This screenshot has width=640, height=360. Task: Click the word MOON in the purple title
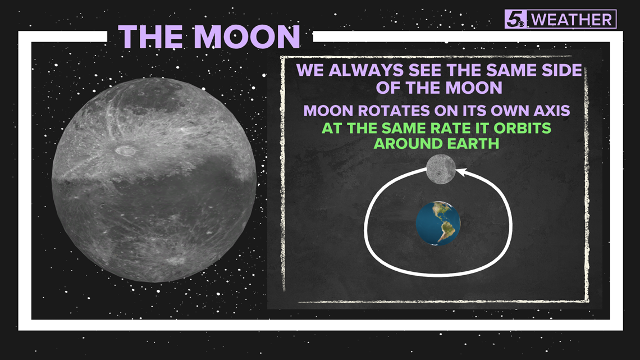click(x=247, y=37)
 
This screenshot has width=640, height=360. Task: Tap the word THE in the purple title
click(x=151, y=37)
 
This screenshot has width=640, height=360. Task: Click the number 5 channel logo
click(x=516, y=19)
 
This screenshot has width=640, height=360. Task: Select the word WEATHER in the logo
click(x=572, y=20)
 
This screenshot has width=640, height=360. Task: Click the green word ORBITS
click(x=523, y=128)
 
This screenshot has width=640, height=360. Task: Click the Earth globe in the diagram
click(x=438, y=224)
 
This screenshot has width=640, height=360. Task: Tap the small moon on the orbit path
click(x=440, y=168)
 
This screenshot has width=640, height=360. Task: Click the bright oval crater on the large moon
click(x=125, y=151)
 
